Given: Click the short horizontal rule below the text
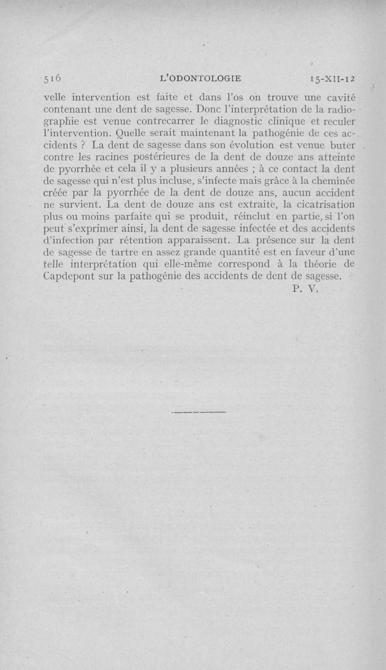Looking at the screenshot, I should coord(198,412).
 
